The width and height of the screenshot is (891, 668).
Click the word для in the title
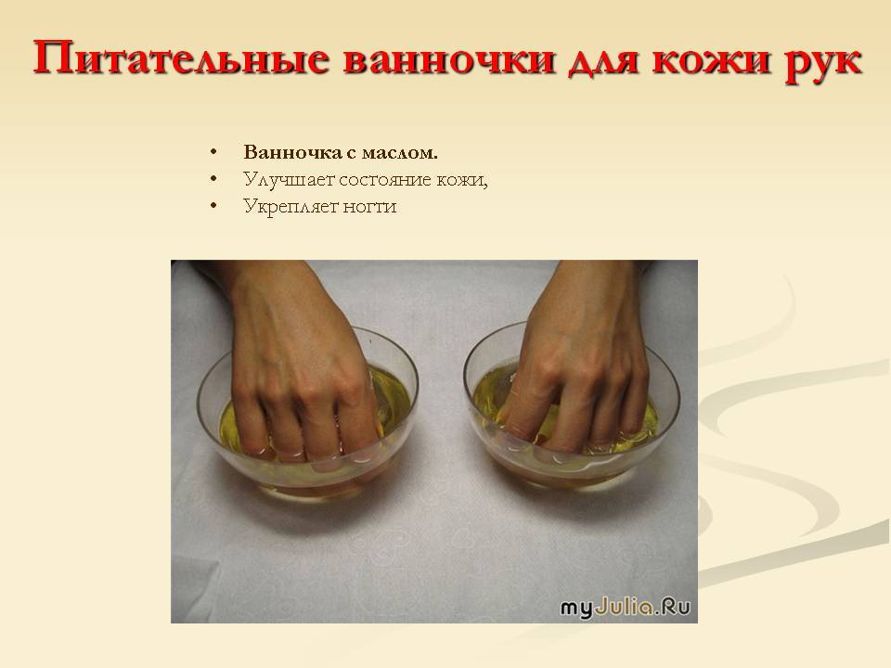click(x=603, y=61)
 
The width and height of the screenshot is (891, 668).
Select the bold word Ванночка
click(x=292, y=152)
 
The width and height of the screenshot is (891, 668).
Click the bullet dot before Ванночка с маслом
click(x=213, y=152)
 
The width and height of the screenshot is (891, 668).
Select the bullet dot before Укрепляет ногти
click(x=213, y=206)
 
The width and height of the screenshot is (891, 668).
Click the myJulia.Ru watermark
click(x=625, y=607)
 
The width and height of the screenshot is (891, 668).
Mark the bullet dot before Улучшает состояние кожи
click(x=213, y=179)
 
